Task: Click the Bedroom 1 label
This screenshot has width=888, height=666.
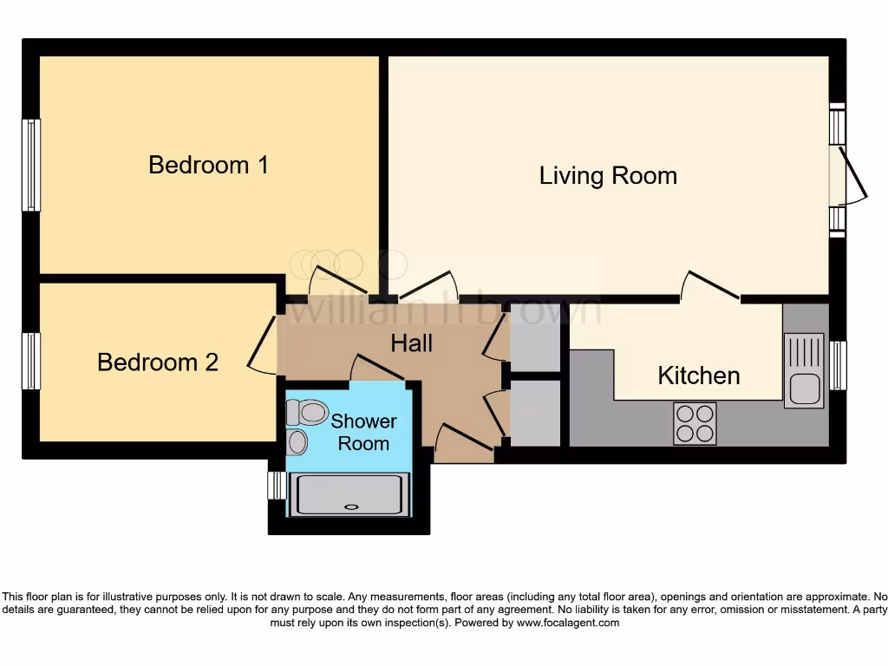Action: (208, 164)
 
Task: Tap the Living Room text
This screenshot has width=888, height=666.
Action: (608, 175)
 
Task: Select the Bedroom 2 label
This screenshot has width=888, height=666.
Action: (158, 362)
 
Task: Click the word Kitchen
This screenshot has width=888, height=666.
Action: (698, 375)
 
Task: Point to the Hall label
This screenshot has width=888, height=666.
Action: (411, 343)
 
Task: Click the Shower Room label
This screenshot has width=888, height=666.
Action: (363, 432)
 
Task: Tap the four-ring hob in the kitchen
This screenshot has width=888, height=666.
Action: (695, 423)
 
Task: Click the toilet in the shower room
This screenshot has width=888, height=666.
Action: (306, 412)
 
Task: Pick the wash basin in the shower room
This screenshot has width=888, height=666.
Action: (297, 442)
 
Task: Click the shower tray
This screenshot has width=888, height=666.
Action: (349, 494)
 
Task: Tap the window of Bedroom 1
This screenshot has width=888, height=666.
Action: (31, 165)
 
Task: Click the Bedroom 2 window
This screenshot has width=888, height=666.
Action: (31, 361)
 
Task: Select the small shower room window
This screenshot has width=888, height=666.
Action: (276, 485)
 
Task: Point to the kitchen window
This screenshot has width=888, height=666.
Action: (837, 365)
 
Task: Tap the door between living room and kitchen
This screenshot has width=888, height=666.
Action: (711, 285)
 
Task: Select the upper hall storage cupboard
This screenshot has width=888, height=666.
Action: (535, 337)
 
